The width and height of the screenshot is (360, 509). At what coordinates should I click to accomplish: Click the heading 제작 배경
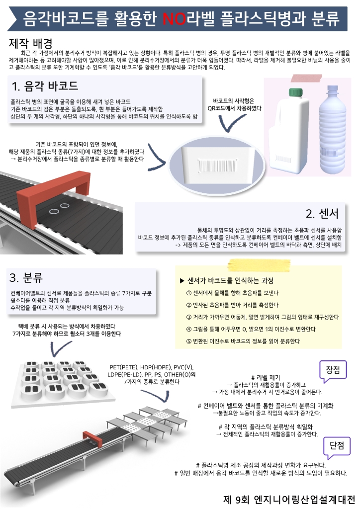pyautogui.click(x=31, y=43)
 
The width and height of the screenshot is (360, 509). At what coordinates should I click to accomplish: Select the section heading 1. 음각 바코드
pyautogui.click(x=45, y=86)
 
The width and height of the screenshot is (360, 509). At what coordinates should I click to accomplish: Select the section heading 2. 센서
pyautogui.click(x=322, y=214)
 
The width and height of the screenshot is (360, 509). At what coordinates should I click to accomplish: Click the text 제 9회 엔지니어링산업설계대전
pyautogui.click(x=289, y=499)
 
